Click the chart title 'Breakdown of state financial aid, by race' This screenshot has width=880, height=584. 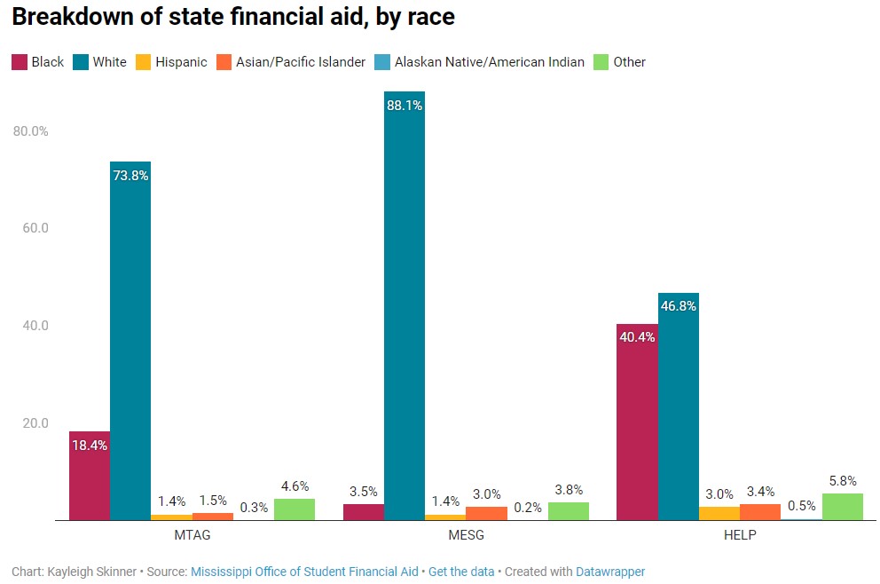pyautogui.click(x=232, y=17)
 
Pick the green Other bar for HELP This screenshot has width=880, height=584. pyautogui.click(x=843, y=507)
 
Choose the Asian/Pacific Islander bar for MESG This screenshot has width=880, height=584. pyautogui.click(x=486, y=513)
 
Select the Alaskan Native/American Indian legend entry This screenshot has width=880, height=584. pyautogui.click(x=489, y=62)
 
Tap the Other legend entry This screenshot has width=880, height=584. pyautogui.click(x=629, y=62)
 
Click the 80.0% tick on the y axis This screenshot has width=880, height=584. pyautogui.click(x=31, y=131)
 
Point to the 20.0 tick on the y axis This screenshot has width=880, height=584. pyautogui.click(x=33, y=423)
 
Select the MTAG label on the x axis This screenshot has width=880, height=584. pyautogui.click(x=192, y=536)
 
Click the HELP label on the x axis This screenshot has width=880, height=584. pyautogui.click(x=740, y=536)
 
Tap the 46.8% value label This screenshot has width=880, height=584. pyautogui.click(x=679, y=305)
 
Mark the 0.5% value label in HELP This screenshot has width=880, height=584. pyautogui.click(x=801, y=505)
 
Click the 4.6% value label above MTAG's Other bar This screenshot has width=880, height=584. pyautogui.click(x=295, y=486)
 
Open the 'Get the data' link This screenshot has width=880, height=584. pyautogui.click(x=461, y=572)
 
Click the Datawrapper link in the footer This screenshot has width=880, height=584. pyautogui.click(x=610, y=572)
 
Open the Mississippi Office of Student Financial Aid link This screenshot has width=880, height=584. pyautogui.click(x=304, y=572)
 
